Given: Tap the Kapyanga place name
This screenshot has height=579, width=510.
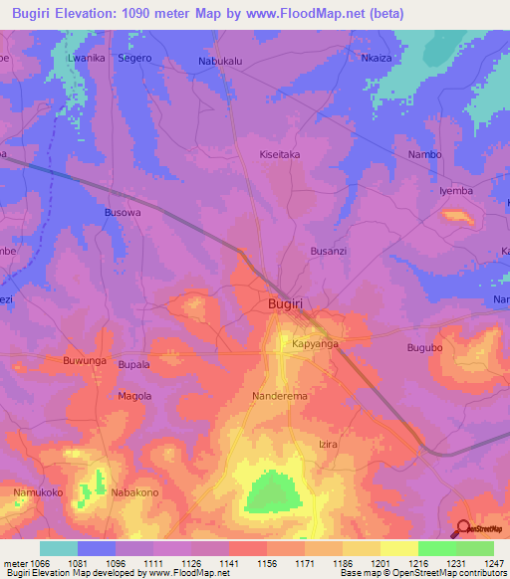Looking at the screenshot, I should [x=316, y=343].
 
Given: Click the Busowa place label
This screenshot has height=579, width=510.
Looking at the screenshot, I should [x=123, y=212].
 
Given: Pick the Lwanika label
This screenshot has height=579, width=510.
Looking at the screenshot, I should [x=87, y=59].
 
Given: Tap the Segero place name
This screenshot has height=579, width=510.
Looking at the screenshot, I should [x=134, y=59].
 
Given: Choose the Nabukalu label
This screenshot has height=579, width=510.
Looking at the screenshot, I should [x=221, y=60].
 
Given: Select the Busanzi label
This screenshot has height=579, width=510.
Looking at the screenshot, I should [x=329, y=252].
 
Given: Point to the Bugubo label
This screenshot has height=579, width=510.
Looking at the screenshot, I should [x=423, y=348].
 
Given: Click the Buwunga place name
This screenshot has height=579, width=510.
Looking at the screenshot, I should [x=83, y=360].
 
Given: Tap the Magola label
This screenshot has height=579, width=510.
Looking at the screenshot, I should [x=134, y=396].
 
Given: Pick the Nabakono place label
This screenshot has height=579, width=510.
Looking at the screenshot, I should [x=135, y=492].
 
